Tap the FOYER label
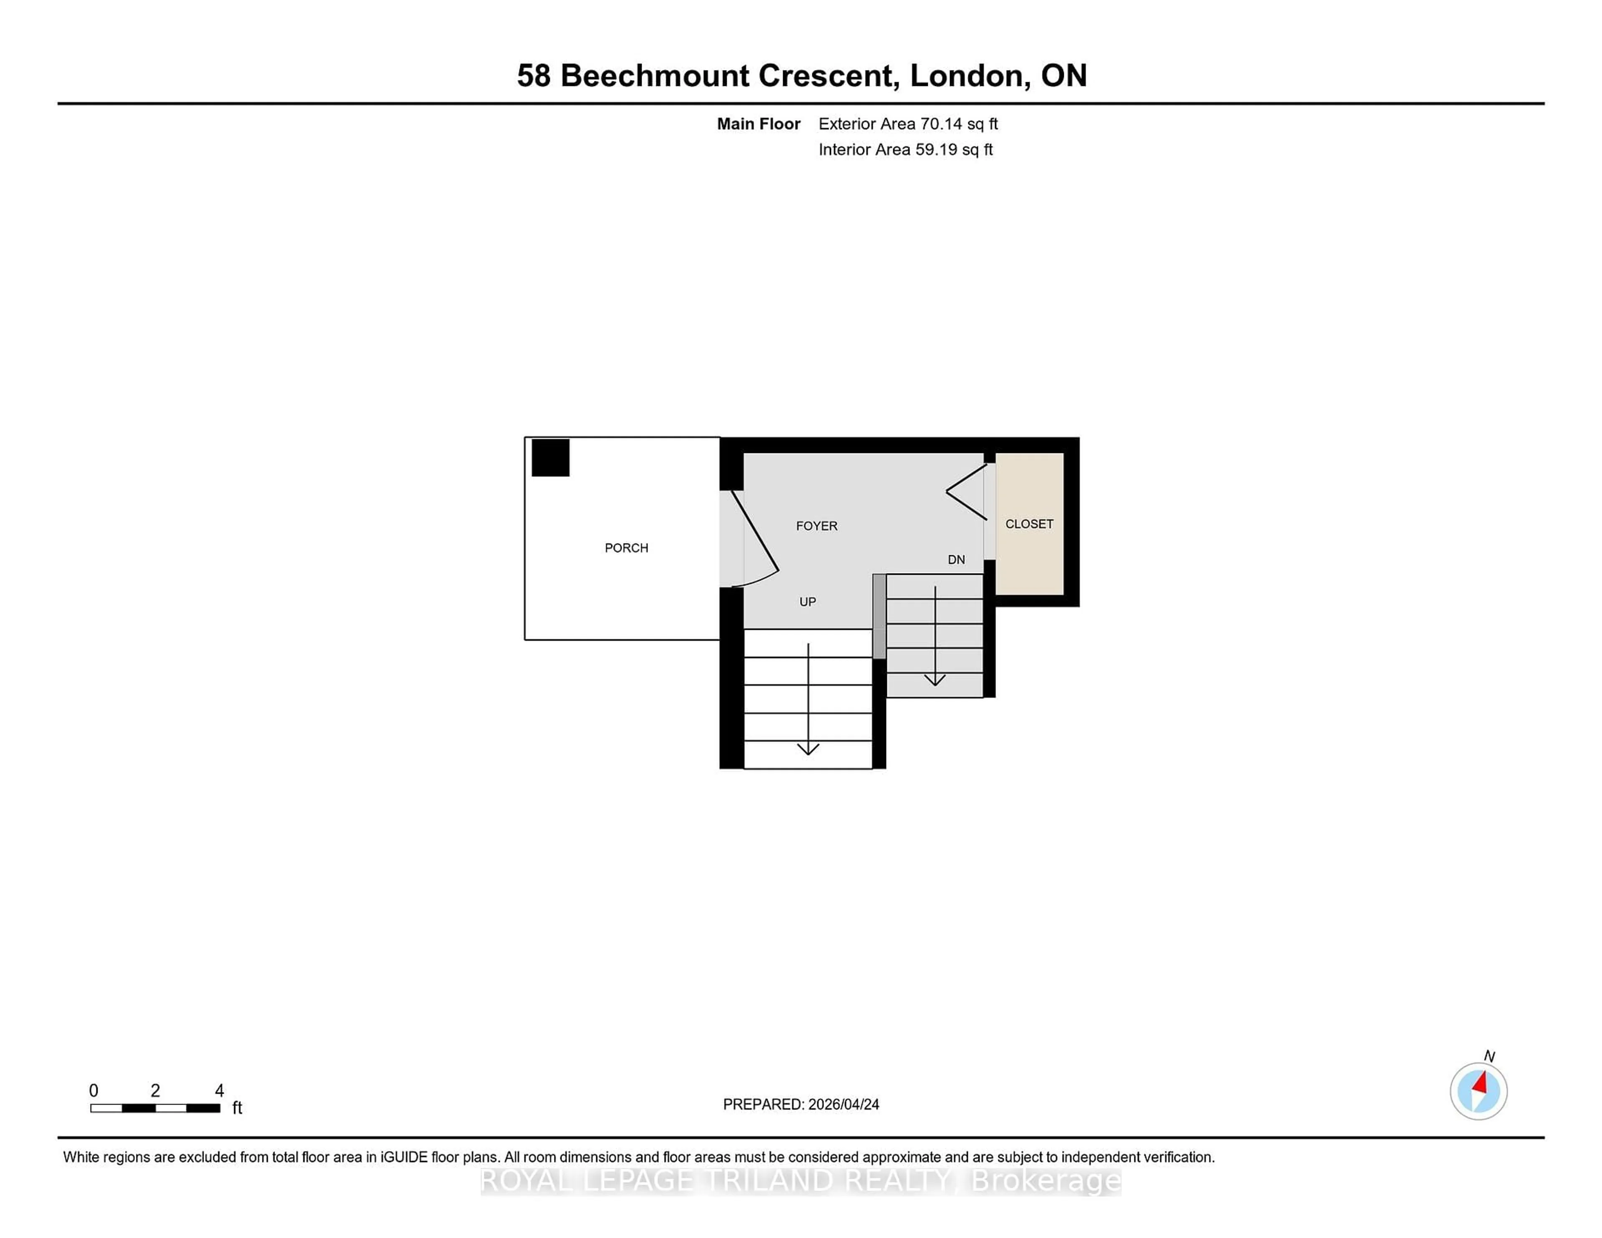[x=816, y=526]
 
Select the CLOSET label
[x=1029, y=523]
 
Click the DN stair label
[x=956, y=560]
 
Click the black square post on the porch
[x=550, y=458]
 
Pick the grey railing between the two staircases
[x=879, y=616]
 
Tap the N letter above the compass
[x=1489, y=1056]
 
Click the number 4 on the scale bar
[x=219, y=1091]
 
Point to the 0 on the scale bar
[x=94, y=1091]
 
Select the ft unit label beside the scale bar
[x=237, y=1107]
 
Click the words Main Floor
[x=758, y=124]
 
